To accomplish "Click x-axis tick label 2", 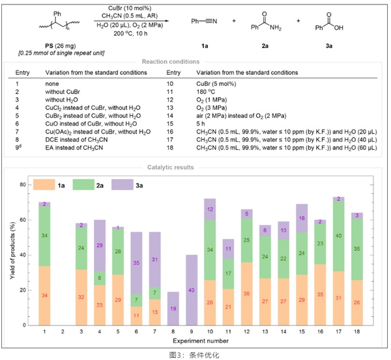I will click(63, 333).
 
